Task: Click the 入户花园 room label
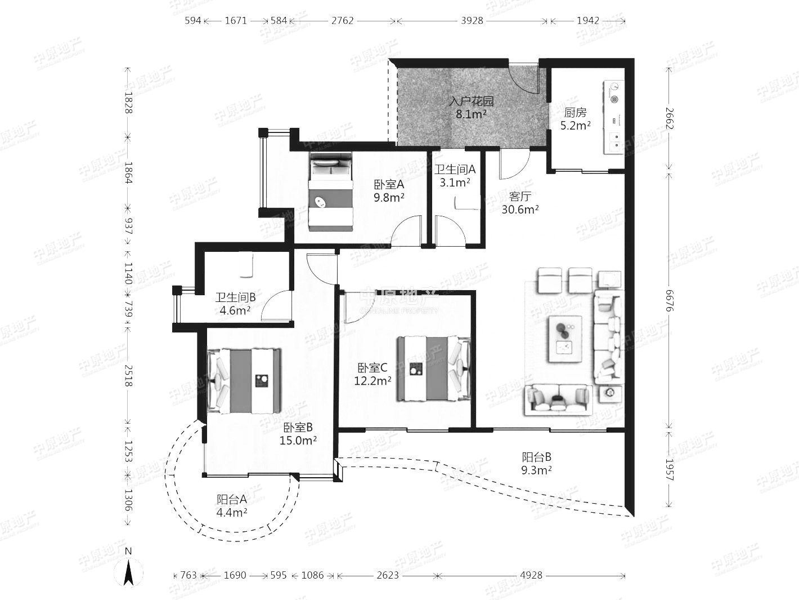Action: (472, 101)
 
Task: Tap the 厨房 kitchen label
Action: (575, 113)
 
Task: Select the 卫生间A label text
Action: (455, 170)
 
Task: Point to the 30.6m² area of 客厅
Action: (520, 210)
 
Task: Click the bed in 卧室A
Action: (331, 192)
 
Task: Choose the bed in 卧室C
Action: (433, 369)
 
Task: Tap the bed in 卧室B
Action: (244, 381)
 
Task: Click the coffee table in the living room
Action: (565, 339)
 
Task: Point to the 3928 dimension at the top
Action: (472, 21)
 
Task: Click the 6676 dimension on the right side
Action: (669, 300)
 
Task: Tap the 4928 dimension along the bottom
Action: (531, 576)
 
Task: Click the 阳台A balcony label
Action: (231, 500)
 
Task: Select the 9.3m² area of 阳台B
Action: (536, 470)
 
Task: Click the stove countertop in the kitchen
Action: (614, 117)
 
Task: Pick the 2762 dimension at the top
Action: (342, 21)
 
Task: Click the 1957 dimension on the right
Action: (669, 469)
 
